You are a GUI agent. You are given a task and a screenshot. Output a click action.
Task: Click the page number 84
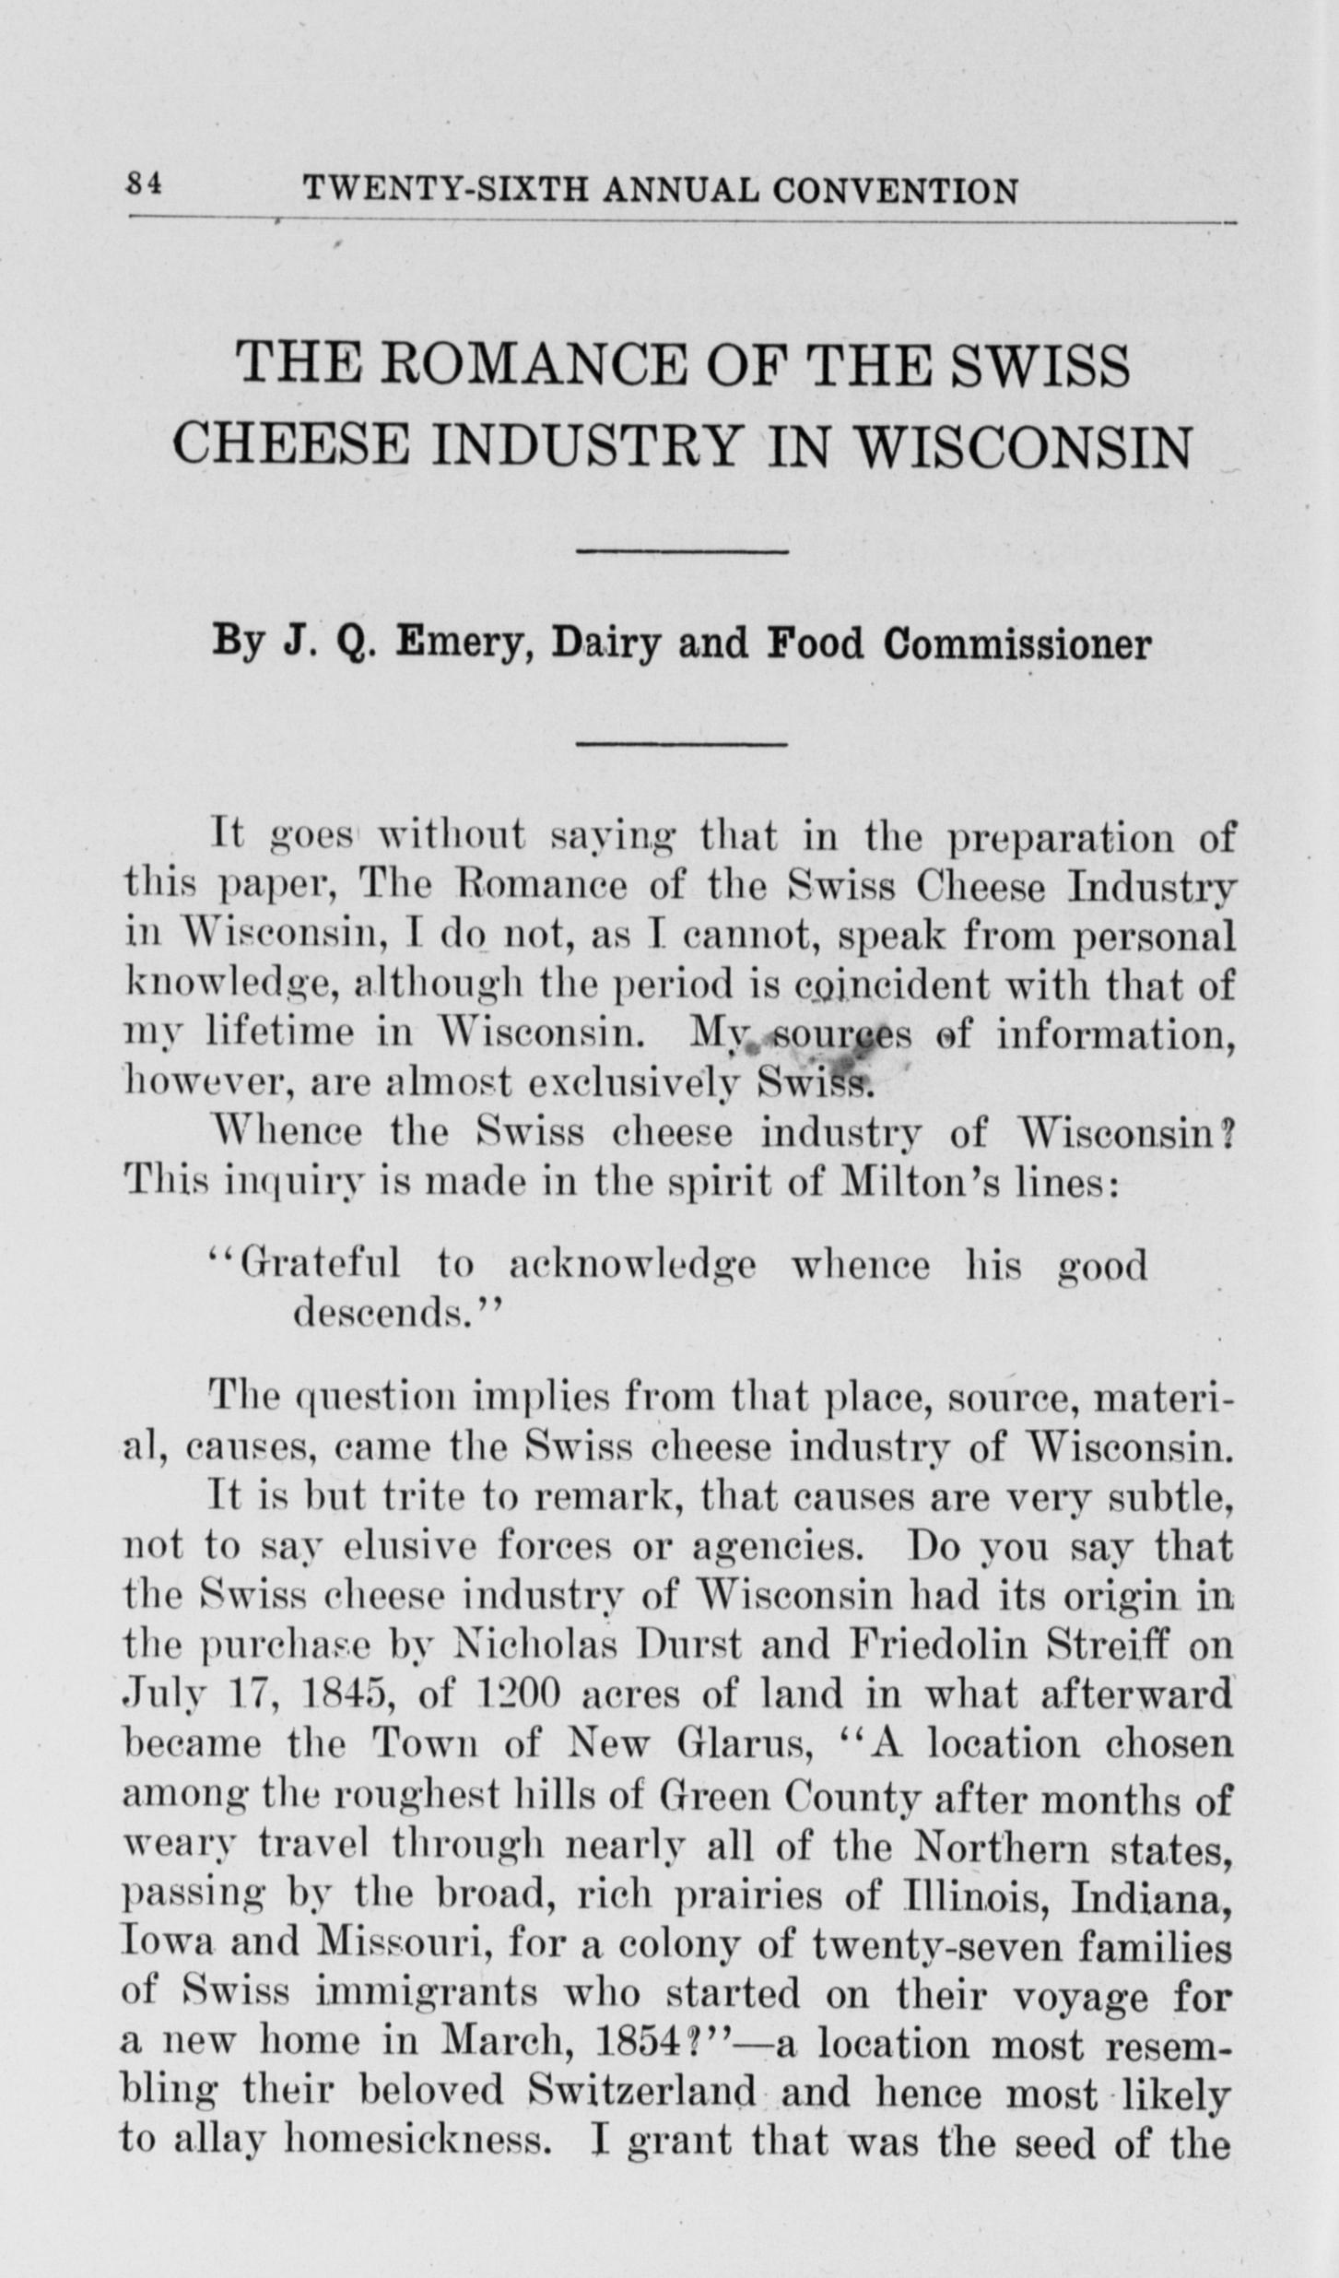[x=144, y=184]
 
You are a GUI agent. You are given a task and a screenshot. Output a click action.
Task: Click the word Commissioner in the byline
[x=1016, y=644]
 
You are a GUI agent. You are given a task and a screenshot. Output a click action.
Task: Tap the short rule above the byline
[x=682, y=551]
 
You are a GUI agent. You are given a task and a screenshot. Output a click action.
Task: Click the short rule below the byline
[x=682, y=743]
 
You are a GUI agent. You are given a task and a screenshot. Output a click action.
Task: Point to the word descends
[x=390, y=1312]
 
